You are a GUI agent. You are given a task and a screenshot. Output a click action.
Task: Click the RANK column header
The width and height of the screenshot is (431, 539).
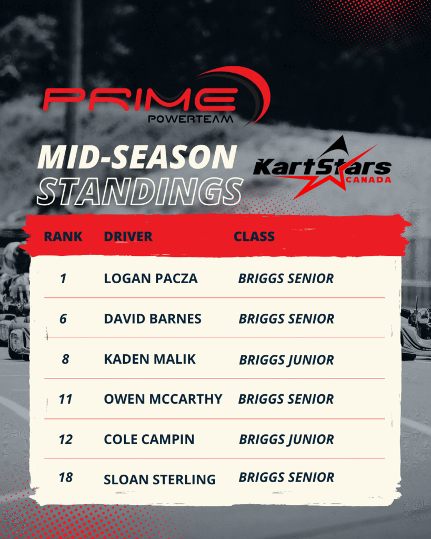[x=63, y=236]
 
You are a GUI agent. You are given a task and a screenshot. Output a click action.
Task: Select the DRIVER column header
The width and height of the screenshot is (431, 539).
[x=128, y=236]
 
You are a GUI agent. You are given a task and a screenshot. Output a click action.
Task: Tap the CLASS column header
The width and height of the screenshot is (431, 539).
[x=254, y=236]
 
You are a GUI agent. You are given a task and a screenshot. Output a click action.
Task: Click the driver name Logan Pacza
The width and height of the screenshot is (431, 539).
[x=151, y=278]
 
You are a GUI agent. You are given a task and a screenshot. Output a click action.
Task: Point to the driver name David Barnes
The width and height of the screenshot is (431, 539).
[x=153, y=318]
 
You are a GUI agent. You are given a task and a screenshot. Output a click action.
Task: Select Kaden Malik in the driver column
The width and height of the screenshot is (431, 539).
[x=150, y=359]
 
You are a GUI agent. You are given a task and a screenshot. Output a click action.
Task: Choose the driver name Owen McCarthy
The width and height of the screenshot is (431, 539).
[x=163, y=399]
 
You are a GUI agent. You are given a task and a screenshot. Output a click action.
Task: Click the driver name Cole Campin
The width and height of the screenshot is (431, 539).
[x=149, y=440]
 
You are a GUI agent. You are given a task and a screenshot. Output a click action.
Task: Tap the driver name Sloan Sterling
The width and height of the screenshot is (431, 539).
[x=160, y=480]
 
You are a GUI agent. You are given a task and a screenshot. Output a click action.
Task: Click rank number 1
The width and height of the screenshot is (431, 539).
[x=63, y=278]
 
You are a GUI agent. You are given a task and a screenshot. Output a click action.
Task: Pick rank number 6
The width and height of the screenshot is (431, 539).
[x=63, y=318]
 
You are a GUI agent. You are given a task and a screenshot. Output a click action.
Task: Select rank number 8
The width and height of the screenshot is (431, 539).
[x=65, y=359]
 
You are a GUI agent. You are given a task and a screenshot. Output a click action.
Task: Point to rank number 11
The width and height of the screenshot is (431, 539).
[x=65, y=399]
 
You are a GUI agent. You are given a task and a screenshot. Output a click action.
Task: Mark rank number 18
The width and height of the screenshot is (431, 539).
[x=66, y=477]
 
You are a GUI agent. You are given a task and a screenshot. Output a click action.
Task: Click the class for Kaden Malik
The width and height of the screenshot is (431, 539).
[x=286, y=360]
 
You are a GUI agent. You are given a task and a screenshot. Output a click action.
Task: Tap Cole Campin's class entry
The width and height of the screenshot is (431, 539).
[x=286, y=440]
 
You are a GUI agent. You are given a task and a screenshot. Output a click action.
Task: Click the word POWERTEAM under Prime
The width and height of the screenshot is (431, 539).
[x=191, y=119]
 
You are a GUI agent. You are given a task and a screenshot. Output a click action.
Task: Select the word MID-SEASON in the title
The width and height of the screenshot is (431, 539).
[x=137, y=157]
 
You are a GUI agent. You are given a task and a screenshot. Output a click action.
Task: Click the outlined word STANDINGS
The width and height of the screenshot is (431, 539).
[x=139, y=191]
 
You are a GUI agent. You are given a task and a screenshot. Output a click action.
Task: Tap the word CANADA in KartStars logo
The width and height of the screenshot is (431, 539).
[x=368, y=180]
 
